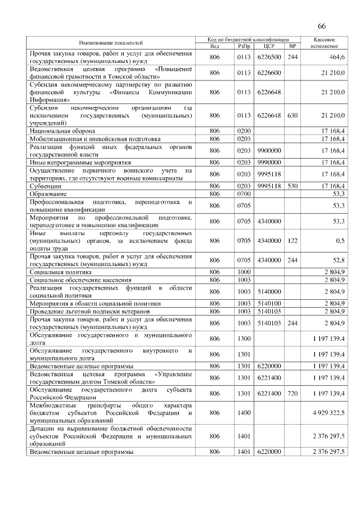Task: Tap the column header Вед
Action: click(214, 46)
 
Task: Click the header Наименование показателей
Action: click(110, 43)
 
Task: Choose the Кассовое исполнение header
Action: click(323, 43)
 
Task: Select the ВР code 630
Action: click(292, 115)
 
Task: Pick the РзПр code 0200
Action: click(244, 130)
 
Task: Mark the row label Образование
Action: click(48, 193)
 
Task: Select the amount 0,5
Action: click(340, 240)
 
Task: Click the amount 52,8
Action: click(339, 260)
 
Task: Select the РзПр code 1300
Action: click(244, 339)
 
